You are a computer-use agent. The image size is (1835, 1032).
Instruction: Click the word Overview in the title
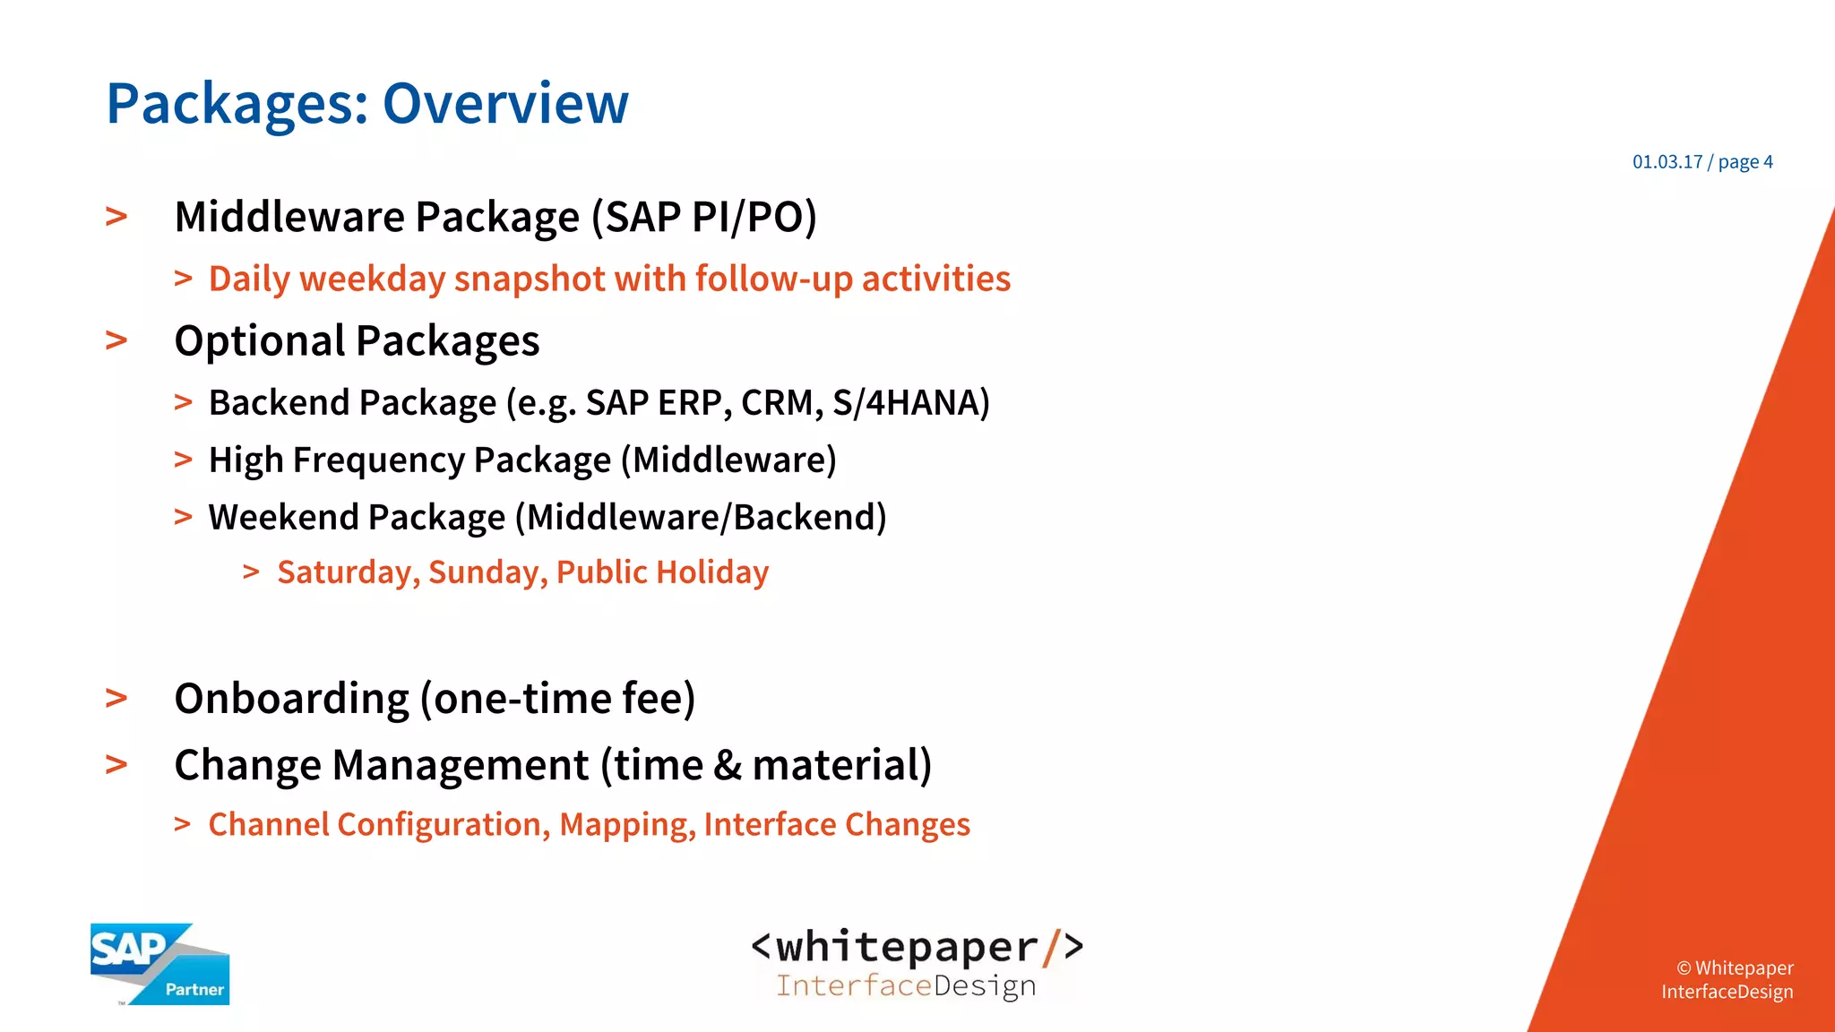tap(505, 103)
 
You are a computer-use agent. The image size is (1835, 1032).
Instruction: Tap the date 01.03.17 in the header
tap(1667, 162)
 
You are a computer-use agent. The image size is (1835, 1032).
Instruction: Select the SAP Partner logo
tap(159, 964)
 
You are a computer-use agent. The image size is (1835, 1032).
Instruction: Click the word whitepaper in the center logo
tap(907, 947)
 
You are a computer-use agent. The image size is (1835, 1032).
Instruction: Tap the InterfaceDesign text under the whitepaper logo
tap(906, 985)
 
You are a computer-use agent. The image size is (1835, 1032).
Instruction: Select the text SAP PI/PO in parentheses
tap(705, 217)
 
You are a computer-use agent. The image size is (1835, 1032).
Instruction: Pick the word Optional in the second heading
tap(260, 341)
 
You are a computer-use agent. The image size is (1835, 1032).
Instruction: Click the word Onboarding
tap(291, 699)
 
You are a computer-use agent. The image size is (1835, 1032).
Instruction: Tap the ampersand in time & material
tap(728, 766)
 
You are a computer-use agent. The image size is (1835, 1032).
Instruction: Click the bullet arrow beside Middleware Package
tap(116, 217)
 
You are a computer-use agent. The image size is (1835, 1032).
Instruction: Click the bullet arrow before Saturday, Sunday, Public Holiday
tap(251, 572)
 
